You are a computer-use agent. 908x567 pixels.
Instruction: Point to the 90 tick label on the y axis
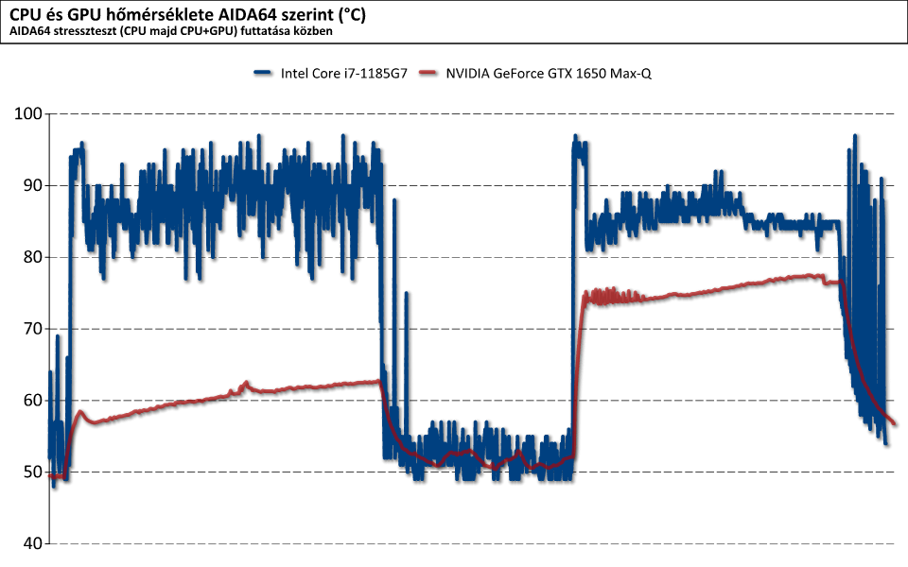[x=31, y=185]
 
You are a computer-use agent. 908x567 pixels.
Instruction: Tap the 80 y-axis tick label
[x=31, y=257]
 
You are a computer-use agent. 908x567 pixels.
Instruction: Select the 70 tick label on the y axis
[x=31, y=329]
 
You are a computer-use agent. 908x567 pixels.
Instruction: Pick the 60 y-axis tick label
[x=31, y=401]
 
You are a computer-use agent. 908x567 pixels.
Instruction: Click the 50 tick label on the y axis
[x=31, y=472]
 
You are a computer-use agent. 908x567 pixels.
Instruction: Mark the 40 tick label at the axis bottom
[x=31, y=544]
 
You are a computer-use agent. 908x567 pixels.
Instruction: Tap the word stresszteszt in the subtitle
[x=91, y=31]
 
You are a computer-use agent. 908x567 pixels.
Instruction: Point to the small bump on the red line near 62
[x=247, y=383]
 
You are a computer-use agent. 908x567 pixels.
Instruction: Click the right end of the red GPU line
[x=895, y=423]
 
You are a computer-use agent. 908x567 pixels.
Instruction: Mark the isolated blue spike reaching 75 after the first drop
[x=407, y=294]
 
